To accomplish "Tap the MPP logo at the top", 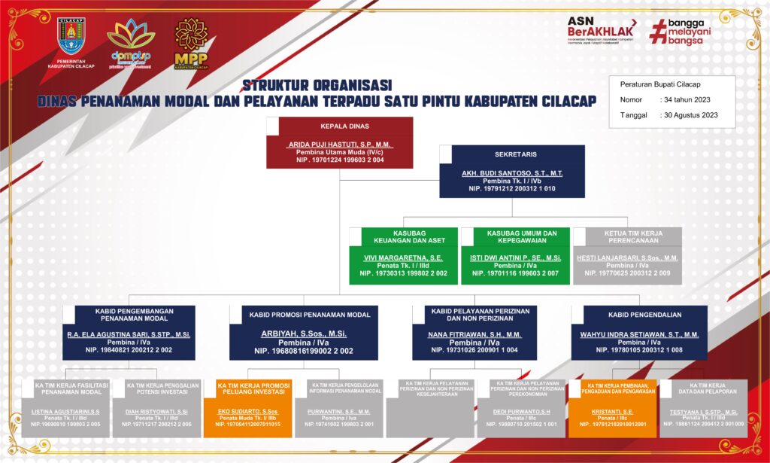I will click(x=191, y=44).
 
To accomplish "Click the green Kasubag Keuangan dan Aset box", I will click(x=403, y=256).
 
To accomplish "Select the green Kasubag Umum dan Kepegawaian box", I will click(x=516, y=256).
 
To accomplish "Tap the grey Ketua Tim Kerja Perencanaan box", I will click(x=627, y=256).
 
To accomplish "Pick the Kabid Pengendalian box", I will click(x=639, y=332).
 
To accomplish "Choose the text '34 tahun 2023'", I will click(x=686, y=99).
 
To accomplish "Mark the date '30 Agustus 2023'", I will click(x=690, y=115).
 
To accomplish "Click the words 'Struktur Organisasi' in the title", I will click(x=317, y=85).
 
